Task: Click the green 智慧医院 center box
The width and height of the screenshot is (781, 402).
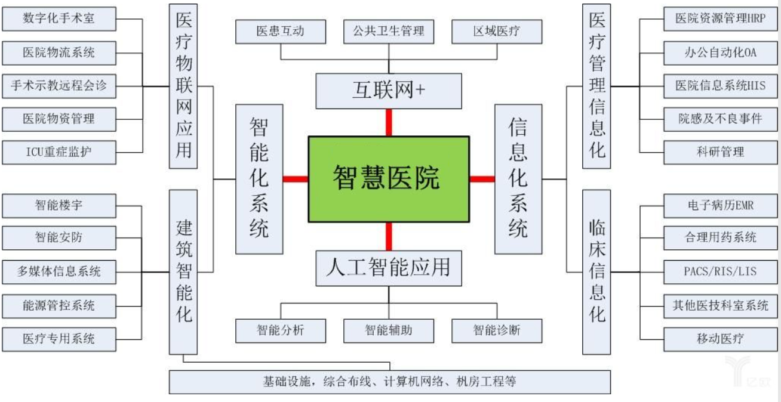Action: point(389,178)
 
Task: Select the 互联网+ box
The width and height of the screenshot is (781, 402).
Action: point(389,91)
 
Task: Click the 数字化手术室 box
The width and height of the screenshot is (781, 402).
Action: point(58,19)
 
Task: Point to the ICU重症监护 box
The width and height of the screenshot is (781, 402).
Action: point(58,151)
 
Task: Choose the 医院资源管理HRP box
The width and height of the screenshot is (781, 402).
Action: point(720,19)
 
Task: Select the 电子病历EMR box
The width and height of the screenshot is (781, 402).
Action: point(720,206)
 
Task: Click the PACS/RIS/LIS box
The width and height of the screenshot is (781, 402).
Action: point(720,271)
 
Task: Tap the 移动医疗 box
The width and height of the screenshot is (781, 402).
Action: point(720,339)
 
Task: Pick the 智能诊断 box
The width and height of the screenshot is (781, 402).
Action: point(497,330)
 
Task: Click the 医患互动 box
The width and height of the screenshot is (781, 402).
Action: point(281,32)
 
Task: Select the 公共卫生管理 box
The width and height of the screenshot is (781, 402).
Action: point(389,32)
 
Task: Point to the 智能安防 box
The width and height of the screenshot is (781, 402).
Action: point(58,237)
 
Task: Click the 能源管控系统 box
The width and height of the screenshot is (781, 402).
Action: point(58,305)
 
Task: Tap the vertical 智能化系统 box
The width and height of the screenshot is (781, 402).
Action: point(259,179)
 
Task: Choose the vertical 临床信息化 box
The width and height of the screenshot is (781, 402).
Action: point(596,271)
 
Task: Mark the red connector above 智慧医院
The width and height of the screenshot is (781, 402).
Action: point(389,123)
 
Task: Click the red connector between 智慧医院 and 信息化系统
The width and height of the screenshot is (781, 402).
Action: point(482,179)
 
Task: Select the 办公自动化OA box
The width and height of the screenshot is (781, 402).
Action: point(720,52)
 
